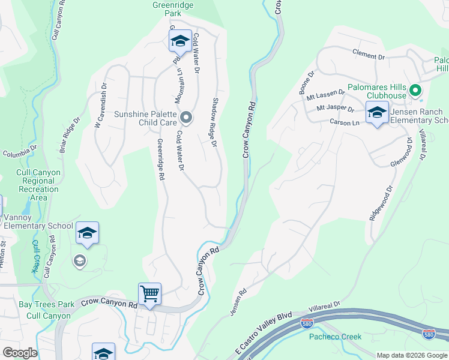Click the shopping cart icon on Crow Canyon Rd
[x=149, y=294]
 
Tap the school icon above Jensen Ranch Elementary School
[x=377, y=112]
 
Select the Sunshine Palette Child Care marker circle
[x=186, y=118]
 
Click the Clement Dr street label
[x=369, y=56]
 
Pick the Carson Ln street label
[x=344, y=122]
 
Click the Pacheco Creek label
[x=335, y=337]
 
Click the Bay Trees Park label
[x=46, y=304]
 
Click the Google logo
[x=20, y=352]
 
